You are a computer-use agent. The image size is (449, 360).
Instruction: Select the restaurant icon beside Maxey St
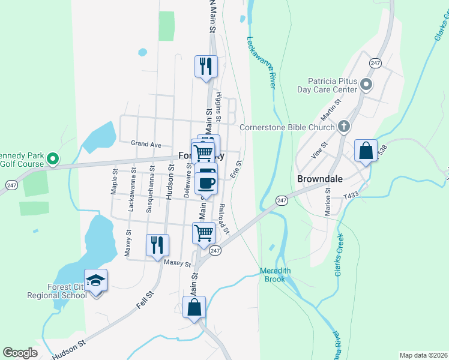point(157,244)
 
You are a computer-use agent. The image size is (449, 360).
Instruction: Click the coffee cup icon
point(206,182)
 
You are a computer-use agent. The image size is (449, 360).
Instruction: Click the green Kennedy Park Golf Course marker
point(52,159)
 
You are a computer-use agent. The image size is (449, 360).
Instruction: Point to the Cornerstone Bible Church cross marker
point(344,127)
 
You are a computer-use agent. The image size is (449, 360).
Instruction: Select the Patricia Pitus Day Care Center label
point(328,85)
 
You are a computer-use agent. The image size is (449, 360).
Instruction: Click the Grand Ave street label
point(146,144)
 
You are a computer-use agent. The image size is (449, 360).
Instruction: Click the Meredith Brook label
point(276,275)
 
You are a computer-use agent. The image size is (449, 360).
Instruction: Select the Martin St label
point(331,109)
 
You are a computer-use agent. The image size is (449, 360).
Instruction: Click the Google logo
point(20,353)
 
